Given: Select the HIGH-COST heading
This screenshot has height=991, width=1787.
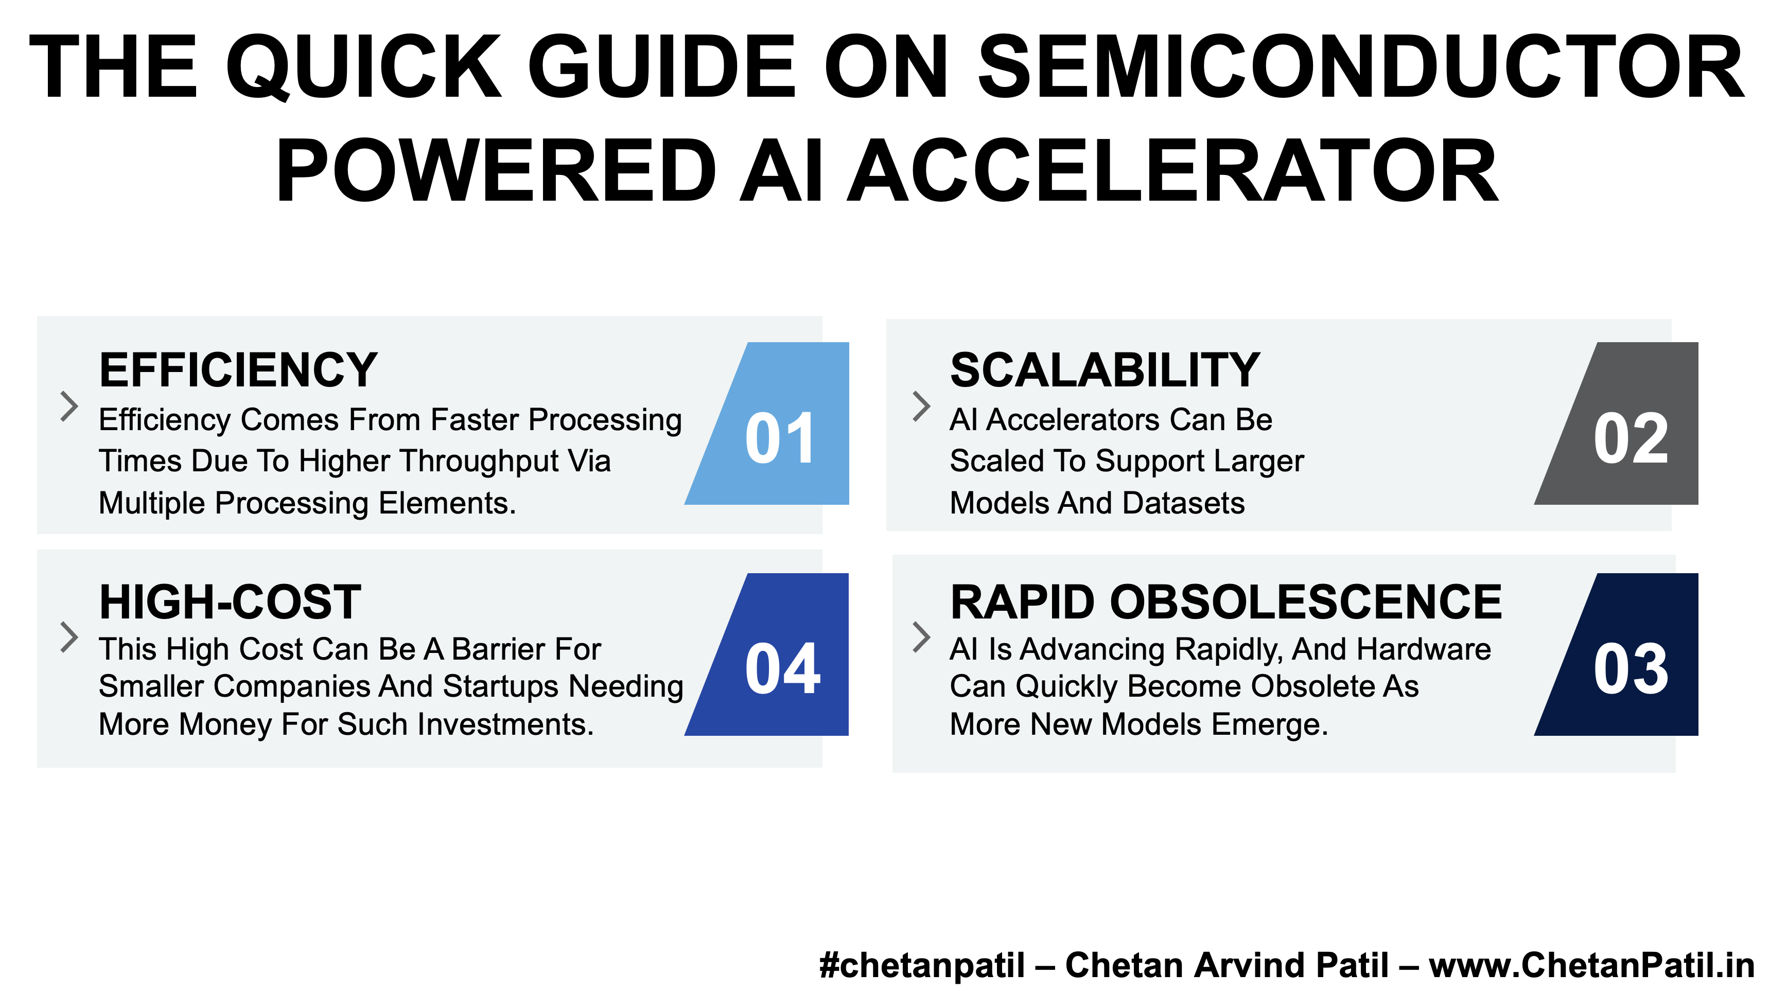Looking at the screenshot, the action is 230,601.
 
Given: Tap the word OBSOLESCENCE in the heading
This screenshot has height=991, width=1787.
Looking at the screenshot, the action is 1306,601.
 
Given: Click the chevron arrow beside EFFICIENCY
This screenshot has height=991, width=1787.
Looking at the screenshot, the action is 69,406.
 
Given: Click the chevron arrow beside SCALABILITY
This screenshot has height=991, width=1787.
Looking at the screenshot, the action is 921,406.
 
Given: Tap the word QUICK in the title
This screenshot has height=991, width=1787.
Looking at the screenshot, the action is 363,67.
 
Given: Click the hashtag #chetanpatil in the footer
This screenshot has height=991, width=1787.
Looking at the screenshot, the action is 922,965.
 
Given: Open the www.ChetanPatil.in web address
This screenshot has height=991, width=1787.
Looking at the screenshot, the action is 1592,965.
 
